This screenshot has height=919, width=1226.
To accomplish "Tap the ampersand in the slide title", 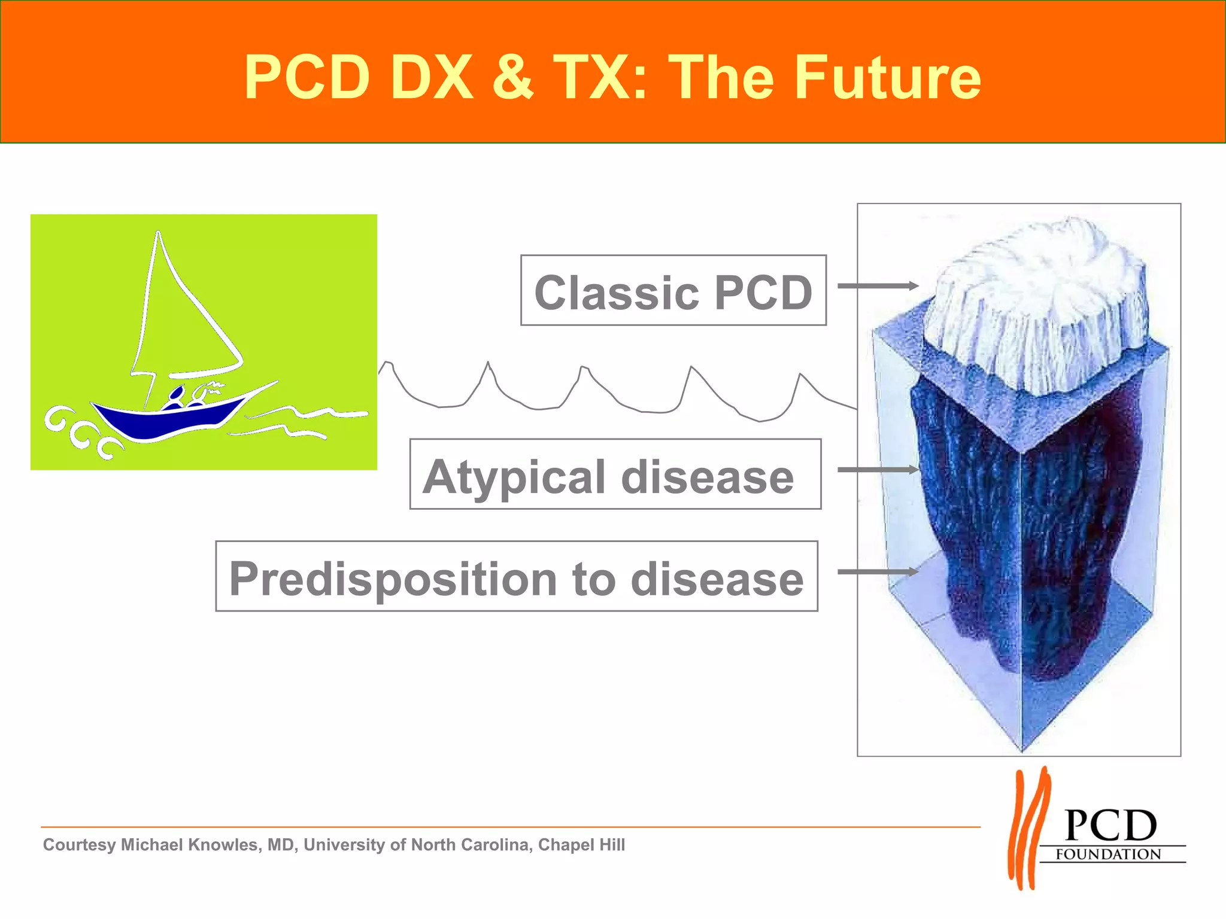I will (512, 78).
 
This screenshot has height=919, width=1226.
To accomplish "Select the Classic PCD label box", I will (673, 291).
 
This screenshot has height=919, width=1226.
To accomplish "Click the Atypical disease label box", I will (615, 474).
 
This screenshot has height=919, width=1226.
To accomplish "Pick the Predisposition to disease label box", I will (516, 576).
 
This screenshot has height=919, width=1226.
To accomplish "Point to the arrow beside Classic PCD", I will (877, 286).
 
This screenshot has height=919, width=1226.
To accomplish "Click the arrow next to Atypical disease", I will (877, 470).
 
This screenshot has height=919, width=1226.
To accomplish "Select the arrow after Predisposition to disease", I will (877, 572).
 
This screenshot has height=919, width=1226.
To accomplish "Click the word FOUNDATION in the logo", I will (1108, 854).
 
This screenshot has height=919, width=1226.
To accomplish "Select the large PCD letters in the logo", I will (1110, 826).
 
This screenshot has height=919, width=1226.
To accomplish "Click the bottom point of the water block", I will (1021, 749).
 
